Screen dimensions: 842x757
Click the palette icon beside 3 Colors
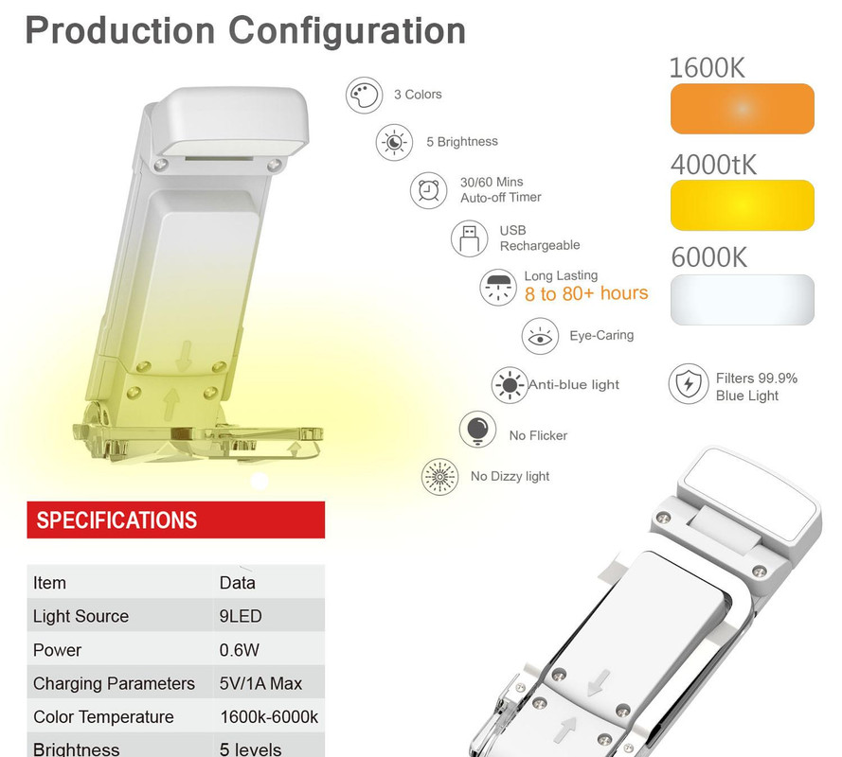(x=364, y=95)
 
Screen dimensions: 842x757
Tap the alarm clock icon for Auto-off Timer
(x=428, y=190)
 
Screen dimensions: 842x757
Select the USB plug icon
(x=470, y=238)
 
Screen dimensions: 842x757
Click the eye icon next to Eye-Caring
(x=540, y=337)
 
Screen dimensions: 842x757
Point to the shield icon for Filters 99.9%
(x=688, y=384)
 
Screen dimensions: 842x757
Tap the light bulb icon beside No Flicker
(x=477, y=430)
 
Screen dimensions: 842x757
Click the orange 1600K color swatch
(x=743, y=109)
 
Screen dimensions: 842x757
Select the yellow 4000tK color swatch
(x=743, y=205)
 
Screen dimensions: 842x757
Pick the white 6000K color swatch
(x=743, y=299)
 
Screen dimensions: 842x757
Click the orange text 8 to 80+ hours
(x=586, y=293)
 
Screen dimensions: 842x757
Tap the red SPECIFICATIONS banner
(x=175, y=519)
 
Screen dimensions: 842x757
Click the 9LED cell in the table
(x=241, y=616)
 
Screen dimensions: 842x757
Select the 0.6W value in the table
(x=239, y=650)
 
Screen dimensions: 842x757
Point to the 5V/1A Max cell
(x=260, y=683)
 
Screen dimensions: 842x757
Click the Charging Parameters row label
(x=114, y=683)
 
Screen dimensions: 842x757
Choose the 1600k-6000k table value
(x=269, y=716)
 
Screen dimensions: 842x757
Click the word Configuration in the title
(x=347, y=30)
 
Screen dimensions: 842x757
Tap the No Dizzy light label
(x=510, y=476)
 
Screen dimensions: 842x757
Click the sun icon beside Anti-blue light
(x=510, y=385)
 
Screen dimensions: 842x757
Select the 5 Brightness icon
(x=394, y=142)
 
